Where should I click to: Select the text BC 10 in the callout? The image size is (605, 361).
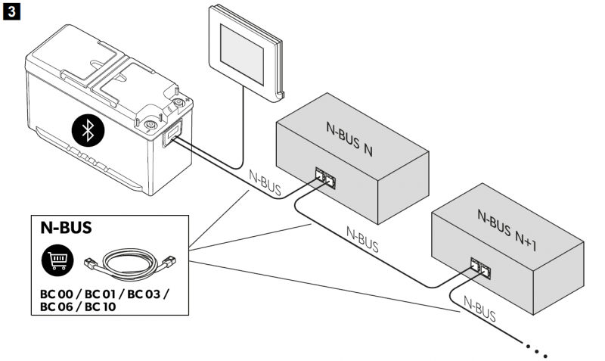click(104, 307)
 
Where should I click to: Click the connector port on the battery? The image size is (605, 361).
click(171, 137)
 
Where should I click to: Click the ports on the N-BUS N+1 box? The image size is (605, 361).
click(480, 266)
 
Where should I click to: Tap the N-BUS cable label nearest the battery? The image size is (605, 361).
click(265, 181)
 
